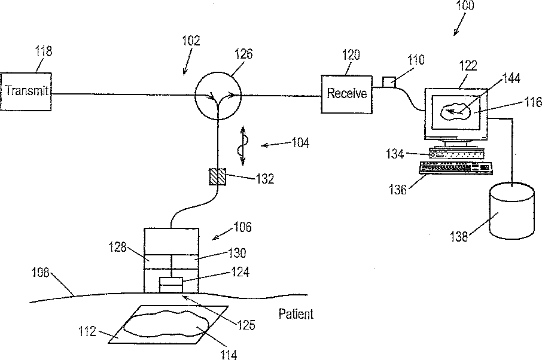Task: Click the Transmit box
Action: pos(26,91)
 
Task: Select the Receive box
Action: pos(347,94)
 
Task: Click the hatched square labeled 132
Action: pos(218,176)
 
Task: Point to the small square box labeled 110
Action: pos(389,83)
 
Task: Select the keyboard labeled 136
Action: pos(456,167)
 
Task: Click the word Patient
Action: pos(296,314)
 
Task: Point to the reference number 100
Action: pos(465,5)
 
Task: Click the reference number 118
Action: pos(43,51)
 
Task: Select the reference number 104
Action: pos(300,142)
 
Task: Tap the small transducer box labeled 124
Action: pos(170,285)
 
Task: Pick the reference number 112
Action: pos(87,332)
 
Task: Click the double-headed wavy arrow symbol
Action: pos(242,145)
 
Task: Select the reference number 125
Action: pos(246,325)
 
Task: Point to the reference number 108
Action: pos(41,273)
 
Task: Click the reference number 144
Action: pos(511,78)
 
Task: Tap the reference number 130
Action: pos(237,253)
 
